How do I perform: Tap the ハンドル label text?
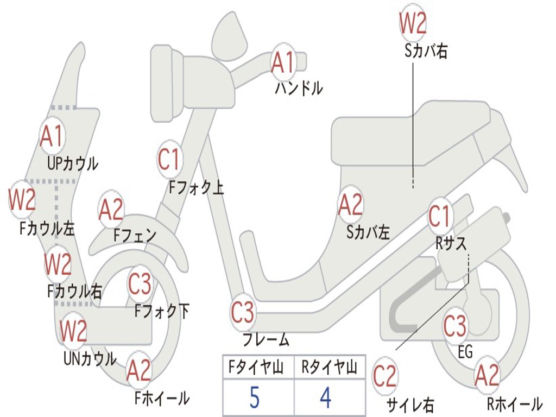[298, 88]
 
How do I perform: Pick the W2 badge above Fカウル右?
[58, 264]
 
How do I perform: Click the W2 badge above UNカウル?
[73, 331]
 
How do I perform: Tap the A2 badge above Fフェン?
[111, 209]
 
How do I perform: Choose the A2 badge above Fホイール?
[138, 370]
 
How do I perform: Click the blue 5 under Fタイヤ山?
[255, 397]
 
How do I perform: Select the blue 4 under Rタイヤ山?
[325, 397]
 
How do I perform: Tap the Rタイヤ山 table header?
[329, 368]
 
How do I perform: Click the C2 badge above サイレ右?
[384, 376]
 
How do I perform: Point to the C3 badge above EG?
[455, 326]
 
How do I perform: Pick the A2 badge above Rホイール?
[486, 375]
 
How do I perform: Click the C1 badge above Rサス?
[440, 217]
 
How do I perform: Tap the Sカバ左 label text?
[368, 233]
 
